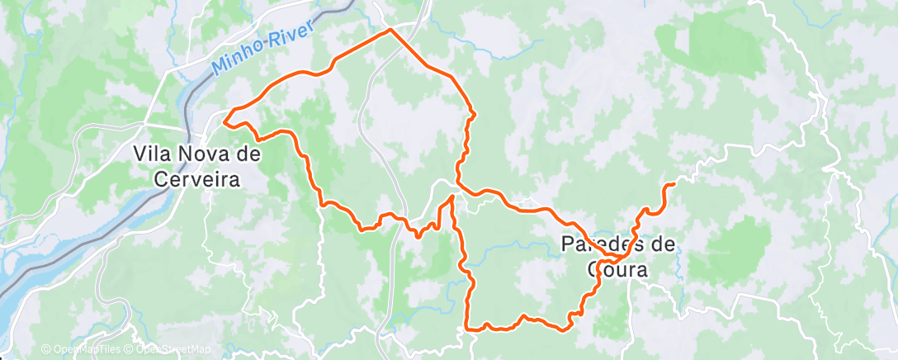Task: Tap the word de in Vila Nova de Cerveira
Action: point(246,154)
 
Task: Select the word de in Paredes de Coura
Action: point(661,244)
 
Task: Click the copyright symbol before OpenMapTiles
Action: point(46,349)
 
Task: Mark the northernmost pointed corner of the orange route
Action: point(390,31)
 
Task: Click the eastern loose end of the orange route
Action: point(674,183)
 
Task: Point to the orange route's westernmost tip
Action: point(224,123)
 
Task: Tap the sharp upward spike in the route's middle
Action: point(452,196)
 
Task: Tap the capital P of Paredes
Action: point(568,244)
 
